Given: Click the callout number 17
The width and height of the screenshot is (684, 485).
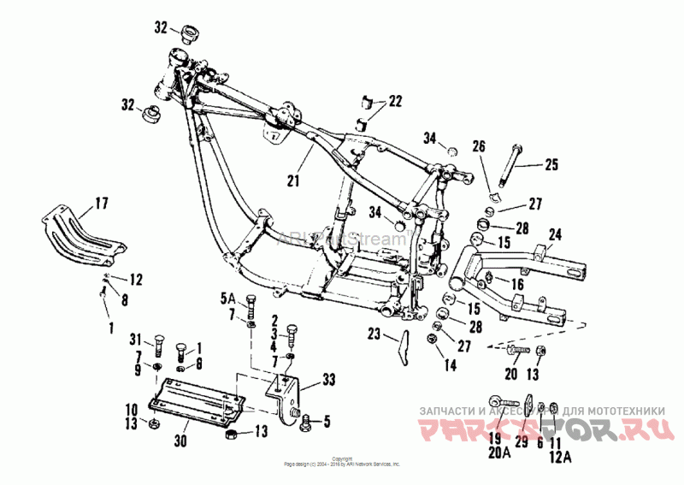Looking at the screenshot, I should click(101, 203).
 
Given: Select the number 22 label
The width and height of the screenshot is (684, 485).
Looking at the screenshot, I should click(394, 101).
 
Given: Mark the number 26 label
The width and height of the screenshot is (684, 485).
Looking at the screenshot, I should click(478, 146).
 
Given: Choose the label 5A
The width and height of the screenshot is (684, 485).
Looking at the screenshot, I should click(226, 299).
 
